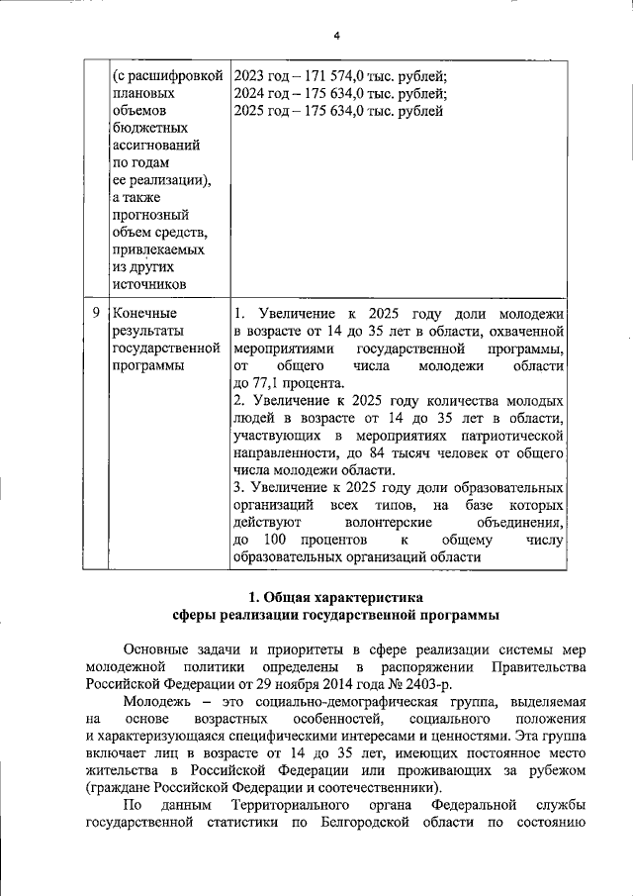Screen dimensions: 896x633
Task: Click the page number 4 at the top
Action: tap(336, 36)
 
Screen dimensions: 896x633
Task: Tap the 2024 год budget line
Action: tap(339, 94)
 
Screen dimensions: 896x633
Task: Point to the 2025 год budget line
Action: tap(337, 111)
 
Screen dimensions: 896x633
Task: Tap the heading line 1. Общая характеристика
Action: tap(335, 597)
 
